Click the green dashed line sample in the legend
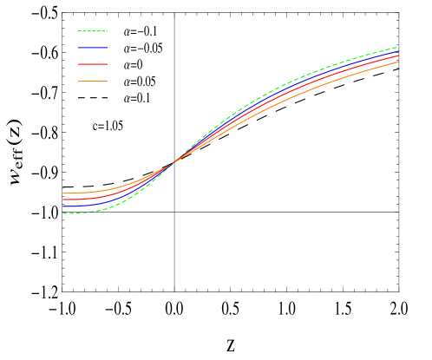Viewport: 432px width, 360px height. pos(92,31)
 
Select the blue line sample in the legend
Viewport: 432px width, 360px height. pos(92,48)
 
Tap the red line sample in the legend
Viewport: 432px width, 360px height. pos(92,64)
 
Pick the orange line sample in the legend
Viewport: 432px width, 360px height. pos(92,81)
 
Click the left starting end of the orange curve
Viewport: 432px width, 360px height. pos(62,193)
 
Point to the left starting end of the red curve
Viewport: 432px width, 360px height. pos(62,200)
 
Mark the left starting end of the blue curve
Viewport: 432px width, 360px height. pos(62,206)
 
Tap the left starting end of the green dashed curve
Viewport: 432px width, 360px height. pos(62,213)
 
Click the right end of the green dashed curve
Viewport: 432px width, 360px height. pos(398,47)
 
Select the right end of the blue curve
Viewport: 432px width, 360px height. pos(399,51)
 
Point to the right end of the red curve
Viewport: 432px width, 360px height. pos(399,56)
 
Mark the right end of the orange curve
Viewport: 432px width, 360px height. pos(399,62)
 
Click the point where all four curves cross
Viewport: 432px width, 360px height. pos(174,160)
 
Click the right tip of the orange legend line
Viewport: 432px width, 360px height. pos(107,81)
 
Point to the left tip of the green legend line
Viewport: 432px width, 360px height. pos(78,31)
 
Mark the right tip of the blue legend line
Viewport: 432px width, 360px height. pos(107,48)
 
